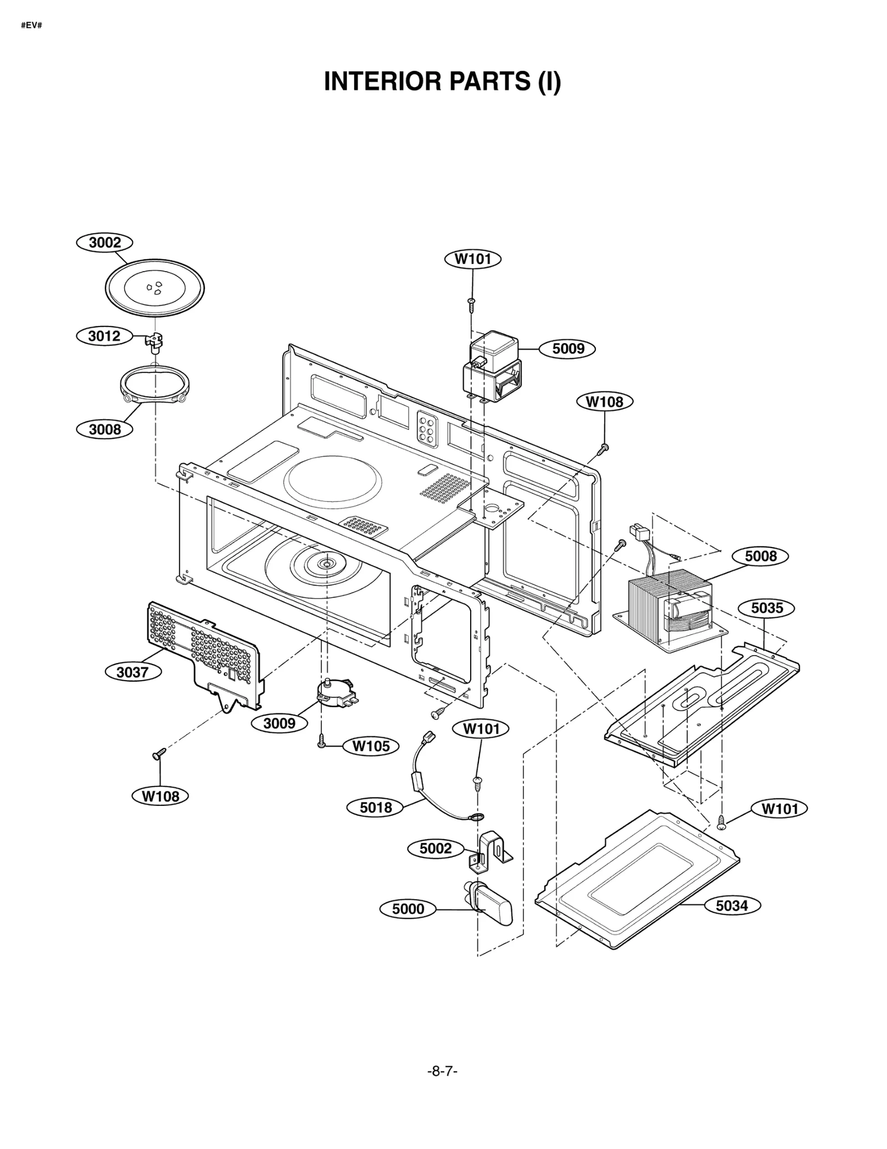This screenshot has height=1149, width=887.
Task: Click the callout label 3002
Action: (x=105, y=243)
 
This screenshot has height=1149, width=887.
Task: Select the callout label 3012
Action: (x=105, y=336)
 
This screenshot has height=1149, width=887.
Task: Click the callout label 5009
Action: (x=568, y=349)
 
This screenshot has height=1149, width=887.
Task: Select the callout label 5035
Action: (x=767, y=608)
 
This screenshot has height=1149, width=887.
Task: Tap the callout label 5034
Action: (x=732, y=906)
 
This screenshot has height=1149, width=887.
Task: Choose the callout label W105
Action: (x=371, y=746)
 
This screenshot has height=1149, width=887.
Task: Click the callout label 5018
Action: (x=376, y=808)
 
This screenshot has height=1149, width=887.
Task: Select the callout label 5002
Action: (x=436, y=849)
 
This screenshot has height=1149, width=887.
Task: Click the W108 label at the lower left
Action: (x=160, y=796)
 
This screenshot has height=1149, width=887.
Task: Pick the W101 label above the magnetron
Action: (x=473, y=259)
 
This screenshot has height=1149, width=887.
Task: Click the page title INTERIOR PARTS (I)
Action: (x=442, y=81)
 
